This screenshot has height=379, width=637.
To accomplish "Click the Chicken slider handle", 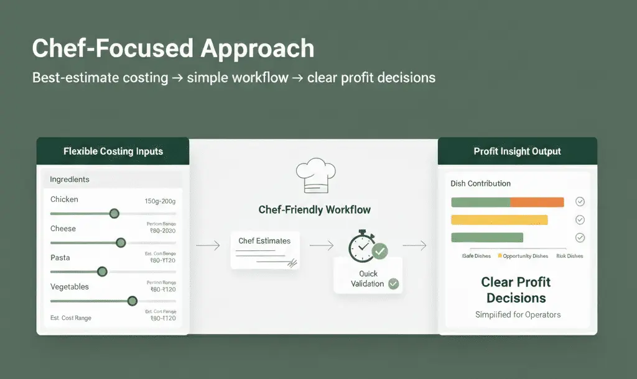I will [x=114, y=214].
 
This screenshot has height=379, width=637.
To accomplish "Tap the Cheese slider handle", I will [x=121, y=242].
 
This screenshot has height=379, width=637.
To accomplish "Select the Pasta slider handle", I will [x=102, y=272].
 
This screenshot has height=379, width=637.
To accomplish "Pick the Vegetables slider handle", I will [x=132, y=301].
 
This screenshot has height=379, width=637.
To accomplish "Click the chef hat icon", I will [x=315, y=175].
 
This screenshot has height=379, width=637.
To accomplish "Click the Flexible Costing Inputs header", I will [x=113, y=151].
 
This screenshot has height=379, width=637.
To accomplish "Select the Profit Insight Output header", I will [x=517, y=151].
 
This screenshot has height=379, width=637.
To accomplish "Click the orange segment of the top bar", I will [x=537, y=202].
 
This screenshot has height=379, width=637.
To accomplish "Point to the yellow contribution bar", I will [x=499, y=220].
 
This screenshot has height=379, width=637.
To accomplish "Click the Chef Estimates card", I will [x=265, y=249].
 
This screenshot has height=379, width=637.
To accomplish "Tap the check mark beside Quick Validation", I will [x=393, y=284].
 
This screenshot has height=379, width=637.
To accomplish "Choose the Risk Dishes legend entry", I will [x=569, y=256].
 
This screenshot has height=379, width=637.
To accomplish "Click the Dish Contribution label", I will [x=480, y=184].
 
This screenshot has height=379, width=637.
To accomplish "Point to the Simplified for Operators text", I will [x=518, y=314].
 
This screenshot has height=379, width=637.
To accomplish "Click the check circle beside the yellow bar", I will [x=580, y=220].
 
